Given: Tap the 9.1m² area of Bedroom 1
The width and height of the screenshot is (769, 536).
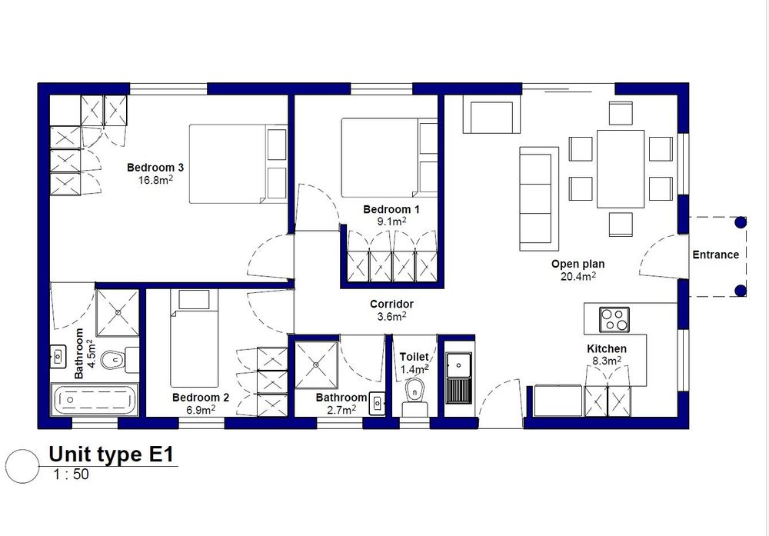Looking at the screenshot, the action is [391, 221].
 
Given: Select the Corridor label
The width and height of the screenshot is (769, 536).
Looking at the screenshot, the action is [391, 304].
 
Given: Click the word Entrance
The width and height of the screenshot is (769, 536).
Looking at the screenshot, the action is [715, 255].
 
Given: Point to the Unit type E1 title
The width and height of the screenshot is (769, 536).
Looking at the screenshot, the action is [112, 454].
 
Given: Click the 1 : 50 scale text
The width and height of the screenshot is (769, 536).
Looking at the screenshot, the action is [72, 474].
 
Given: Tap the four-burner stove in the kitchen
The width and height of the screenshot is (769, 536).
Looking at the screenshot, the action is [614, 320].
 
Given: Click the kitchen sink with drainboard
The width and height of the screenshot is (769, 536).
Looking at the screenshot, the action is [458, 378].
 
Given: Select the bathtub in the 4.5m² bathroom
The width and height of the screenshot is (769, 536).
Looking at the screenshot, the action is [95, 400].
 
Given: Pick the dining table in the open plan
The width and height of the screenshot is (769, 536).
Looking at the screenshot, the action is [621, 168].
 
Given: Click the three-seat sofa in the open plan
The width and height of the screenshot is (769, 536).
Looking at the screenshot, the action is [539, 198].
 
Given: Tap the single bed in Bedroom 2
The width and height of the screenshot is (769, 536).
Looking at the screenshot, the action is [195, 338].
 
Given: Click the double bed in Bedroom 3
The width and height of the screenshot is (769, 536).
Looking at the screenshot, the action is [238, 164].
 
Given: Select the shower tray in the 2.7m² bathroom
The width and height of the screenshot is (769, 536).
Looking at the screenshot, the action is [316, 365].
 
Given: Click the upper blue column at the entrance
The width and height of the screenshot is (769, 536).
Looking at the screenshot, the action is [741, 222].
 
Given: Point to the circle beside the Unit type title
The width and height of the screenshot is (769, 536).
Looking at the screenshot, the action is [22, 465].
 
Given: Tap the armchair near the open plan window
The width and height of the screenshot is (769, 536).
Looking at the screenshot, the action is [491, 117].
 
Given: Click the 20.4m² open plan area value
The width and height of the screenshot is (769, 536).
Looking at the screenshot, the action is [578, 276].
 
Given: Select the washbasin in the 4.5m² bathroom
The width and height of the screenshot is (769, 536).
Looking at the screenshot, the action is [58, 357].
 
